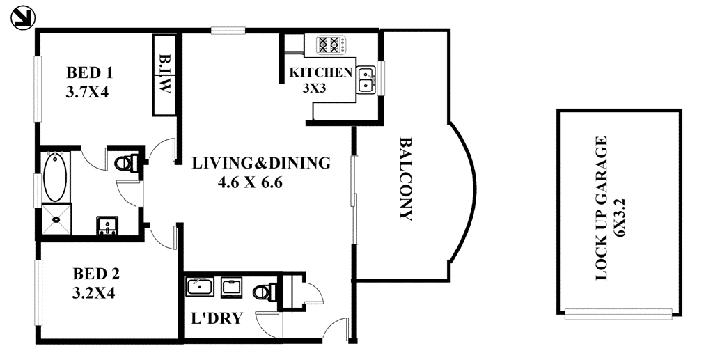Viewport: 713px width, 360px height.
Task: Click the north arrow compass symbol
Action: point(22,19)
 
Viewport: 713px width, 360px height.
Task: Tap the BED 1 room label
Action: point(89,72)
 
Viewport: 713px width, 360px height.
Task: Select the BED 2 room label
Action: point(96,274)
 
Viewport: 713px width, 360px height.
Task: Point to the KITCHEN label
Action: point(321,72)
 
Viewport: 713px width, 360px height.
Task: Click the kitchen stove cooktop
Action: point(331,45)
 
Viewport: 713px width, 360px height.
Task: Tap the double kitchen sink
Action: point(366,81)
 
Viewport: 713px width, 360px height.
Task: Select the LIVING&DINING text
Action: point(261,163)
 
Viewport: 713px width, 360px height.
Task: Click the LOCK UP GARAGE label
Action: point(601,208)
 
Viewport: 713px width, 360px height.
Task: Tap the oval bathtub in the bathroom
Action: point(55,178)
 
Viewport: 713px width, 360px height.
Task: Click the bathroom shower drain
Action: point(56,219)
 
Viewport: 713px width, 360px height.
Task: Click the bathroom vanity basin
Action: point(108,226)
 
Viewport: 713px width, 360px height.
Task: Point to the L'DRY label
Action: point(216,318)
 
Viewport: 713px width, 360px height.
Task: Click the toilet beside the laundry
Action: point(265,292)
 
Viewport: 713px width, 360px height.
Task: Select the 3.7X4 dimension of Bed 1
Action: point(88,93)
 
